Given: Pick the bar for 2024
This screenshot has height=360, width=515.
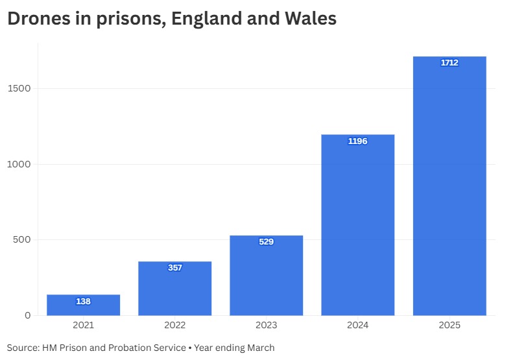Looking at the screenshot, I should pos(358,227).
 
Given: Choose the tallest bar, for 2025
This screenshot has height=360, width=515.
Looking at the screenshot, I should pos(449,188).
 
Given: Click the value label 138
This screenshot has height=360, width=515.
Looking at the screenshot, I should pos(83,302).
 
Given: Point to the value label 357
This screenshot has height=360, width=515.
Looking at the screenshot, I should pos(175,268).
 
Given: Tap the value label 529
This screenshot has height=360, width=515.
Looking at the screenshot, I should pos(267,242).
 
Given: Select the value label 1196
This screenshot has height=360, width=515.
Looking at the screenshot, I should pos(358,141).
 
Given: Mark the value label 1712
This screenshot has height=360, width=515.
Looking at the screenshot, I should pos(449,63).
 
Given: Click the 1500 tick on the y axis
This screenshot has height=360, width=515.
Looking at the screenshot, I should pos(19,88).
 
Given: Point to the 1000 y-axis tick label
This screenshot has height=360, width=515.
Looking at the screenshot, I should pos(19,164).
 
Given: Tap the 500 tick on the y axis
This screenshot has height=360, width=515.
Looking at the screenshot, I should pos(22,240).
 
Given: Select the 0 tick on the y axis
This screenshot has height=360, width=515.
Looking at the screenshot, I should pos(27,316).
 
